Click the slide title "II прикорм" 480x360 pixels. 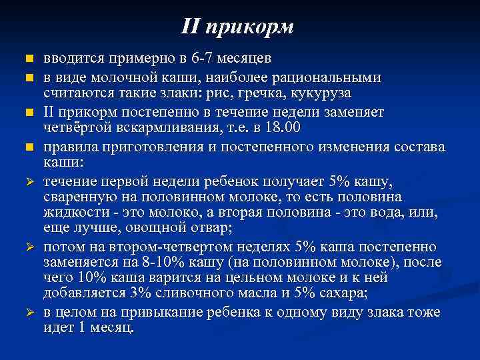click(237, 27)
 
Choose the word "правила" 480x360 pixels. click(70, 145)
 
